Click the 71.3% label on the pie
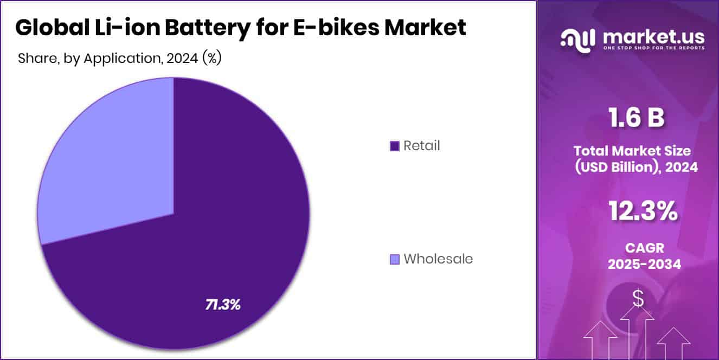point(222,305)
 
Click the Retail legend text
point(422,146)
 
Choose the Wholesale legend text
point(438,259)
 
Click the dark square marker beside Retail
point(395,146)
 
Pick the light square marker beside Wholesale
point(395,259)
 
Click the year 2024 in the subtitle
point(182,59)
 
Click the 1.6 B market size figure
point(635,118)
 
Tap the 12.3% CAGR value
point(643,211)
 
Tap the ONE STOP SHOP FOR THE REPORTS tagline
point(653,48)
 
